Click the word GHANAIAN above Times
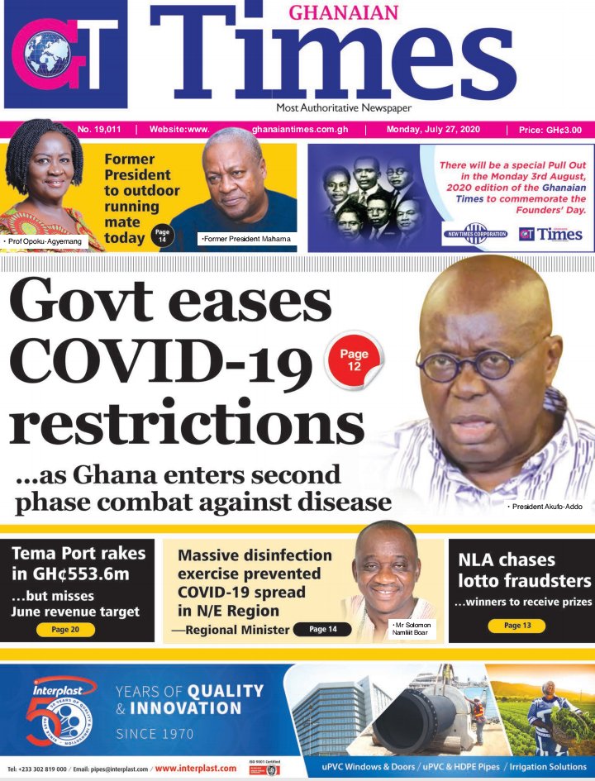(x=343, y=12)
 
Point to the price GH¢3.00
(x=550, y=130)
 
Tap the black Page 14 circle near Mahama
(x=162, y=236)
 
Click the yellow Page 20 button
(x=65, y=630)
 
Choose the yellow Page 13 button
(x=516, y=626)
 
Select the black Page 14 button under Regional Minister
(x=322, y=630)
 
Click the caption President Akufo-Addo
(x=547, y=504)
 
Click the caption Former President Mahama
(x=245, y=239)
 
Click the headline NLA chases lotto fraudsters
(x=525, y=570)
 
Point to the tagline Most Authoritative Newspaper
(x=344, y=108)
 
